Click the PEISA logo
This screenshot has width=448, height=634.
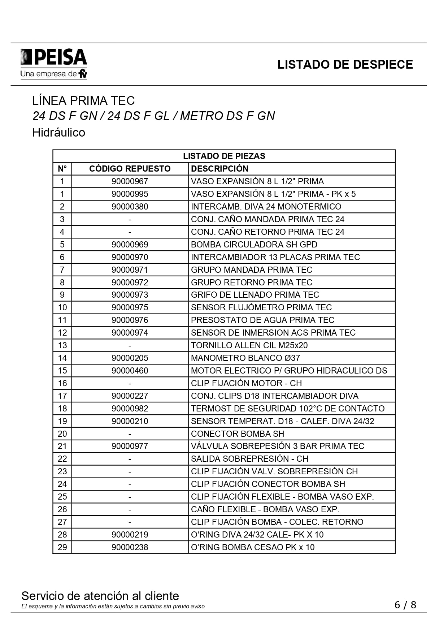click(53, 64)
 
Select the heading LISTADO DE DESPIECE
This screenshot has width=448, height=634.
click(345, 65)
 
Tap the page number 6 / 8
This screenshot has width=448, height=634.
click(405, 605)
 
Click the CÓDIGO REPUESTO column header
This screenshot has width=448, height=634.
click(130, 169)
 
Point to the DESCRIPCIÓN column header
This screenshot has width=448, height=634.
click(219, 169)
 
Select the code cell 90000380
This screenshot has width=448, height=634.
click(130, 207)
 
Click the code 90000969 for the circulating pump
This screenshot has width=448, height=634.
click(130, 245)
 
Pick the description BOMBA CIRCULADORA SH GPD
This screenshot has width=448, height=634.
click(254, 245)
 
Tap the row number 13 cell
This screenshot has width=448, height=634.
click(62, 345)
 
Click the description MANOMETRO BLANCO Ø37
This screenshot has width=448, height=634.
click(245, 358)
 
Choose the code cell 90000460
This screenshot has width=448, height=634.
click(130, 371)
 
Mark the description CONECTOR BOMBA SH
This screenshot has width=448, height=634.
click(237, 434)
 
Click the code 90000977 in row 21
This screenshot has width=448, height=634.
click(130, 446)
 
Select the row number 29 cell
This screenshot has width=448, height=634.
click(62, 547)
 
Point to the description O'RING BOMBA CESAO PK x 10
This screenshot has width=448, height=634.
click(253, 547)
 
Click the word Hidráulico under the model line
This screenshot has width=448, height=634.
click(58, 133)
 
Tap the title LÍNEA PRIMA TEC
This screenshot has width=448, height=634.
click(83, 100)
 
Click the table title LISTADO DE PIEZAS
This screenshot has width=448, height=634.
click(224, 156)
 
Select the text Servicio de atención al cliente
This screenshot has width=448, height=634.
click(100, 596)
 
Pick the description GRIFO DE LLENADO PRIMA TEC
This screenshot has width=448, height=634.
click(255, 295)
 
